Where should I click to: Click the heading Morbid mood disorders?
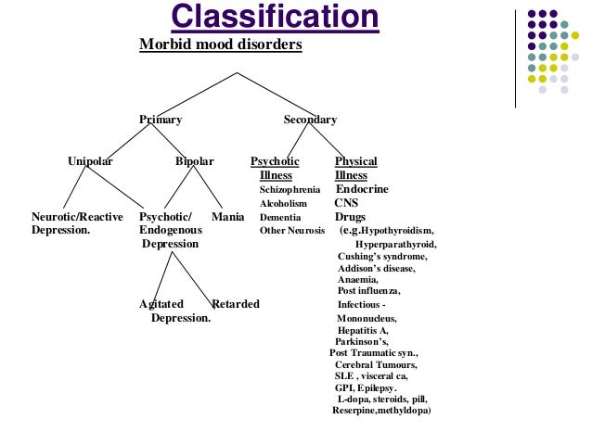click(x=220, y=44)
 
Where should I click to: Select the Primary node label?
click(x=161, y=120)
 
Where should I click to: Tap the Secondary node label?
click(x=310, y=120)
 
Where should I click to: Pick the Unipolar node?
click(x=90, y=161)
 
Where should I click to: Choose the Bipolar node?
click(x=195, y=161)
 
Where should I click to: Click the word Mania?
click(x=228, y=217)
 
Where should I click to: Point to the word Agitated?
click(x=161, y=304)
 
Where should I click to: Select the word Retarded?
click(x=236, y=304)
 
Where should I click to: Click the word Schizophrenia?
click(x=290, y=189)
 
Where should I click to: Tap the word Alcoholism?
click(x=283, y=203)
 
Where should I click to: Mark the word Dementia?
click(x=279, y=217)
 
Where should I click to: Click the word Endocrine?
click(x=362, y=189)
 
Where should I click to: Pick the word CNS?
click(x=346, y=203)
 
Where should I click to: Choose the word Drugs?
click(x=350, y=217)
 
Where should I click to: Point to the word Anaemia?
click(x=357, y=279)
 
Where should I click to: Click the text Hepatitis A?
click(x=363, y=330)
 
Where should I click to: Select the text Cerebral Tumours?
click(x=376, y=364)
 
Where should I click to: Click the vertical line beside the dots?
click(x=517, y=56)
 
